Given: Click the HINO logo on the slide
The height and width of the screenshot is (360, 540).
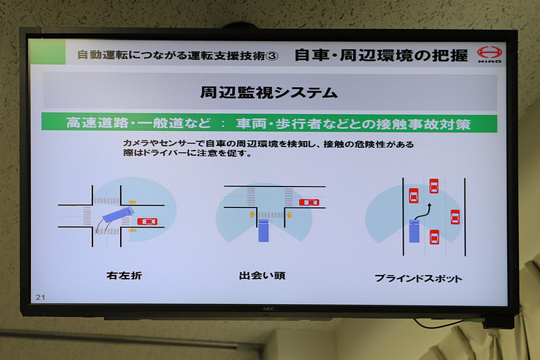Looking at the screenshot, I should tap(489, 53).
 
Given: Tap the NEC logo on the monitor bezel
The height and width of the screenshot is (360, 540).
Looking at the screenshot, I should tap(268, 309).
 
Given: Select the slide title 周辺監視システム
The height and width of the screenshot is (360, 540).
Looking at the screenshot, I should tap(269, 91).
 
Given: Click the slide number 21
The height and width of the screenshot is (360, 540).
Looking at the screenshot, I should tap(40, 297).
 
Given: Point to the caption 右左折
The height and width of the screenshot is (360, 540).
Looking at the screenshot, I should tap(124, 276).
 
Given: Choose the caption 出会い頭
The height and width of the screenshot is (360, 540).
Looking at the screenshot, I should tap(262, 276).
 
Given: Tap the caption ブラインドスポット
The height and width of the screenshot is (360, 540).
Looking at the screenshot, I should tap(418, 278).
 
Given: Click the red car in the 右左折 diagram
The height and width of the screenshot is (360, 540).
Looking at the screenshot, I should tap(146, 221).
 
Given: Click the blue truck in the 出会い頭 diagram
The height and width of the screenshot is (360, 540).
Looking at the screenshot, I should tap(263, 230).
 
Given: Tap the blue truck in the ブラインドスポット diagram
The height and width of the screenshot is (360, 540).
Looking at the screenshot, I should tap(414, 232).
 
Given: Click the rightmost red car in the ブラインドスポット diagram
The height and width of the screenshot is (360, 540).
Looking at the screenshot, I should tap(455, 217).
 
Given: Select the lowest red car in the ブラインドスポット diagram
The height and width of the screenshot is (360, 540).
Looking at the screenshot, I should tap(434, 236).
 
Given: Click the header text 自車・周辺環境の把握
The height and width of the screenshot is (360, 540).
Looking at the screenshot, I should tap(381, 55).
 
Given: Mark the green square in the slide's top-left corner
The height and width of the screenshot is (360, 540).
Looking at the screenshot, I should tap(47, 52).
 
